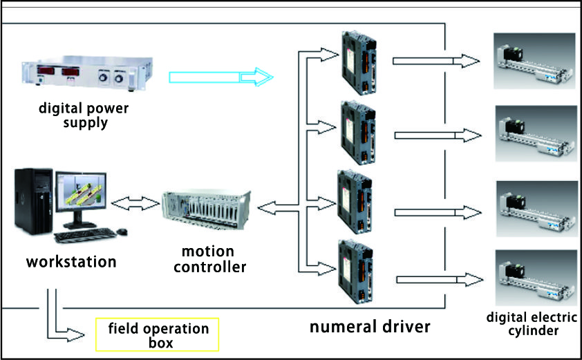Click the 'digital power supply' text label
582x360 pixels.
point(84,115)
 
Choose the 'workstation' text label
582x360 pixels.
point(71,262)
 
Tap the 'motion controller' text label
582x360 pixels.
point(207,258)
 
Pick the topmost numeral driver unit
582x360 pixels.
point(358,63)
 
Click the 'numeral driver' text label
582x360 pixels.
point(369,325)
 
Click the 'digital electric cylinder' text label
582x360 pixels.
point(530,324)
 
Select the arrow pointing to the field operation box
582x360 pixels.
point(63,325)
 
